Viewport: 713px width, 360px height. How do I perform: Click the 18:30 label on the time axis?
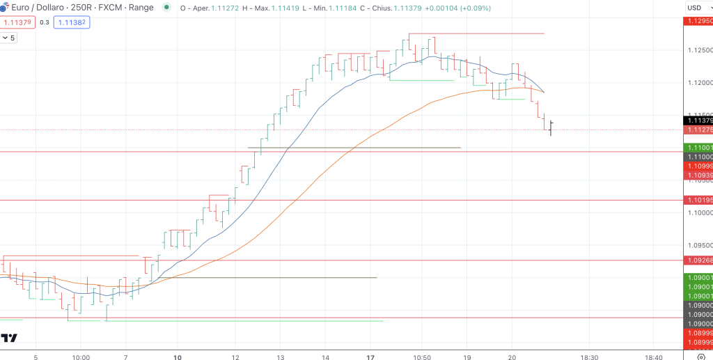[589, 357]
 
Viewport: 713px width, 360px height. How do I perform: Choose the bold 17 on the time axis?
[371, 357]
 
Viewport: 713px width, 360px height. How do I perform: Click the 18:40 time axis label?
[653, 357]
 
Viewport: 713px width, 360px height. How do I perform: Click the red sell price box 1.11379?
[16, 22]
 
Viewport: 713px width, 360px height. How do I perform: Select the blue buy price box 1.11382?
[73, 22]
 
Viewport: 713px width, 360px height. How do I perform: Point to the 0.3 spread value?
[45, 22]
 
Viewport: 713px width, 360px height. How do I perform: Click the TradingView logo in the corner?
[9, 338]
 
